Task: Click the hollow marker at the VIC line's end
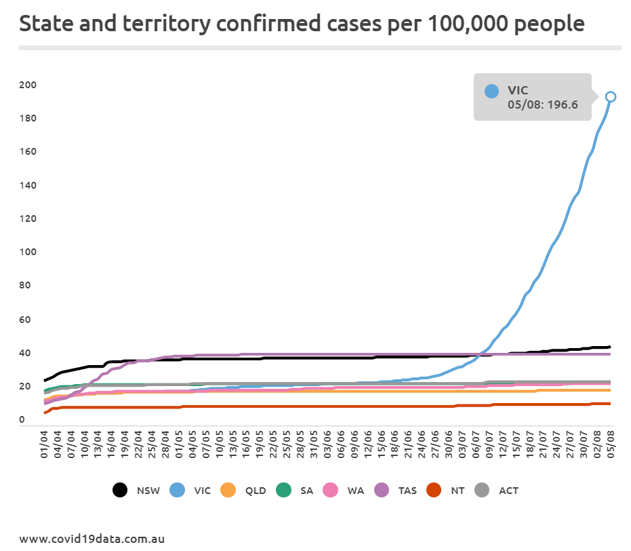(x=610, y=97)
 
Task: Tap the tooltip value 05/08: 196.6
(x=542, y=105)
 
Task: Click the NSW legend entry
(x=139, y=490)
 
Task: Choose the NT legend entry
(x=448, y=490)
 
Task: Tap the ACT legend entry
(x=497, y=490)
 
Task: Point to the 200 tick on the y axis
(x=28, y=85)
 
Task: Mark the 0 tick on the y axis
(x=22, y=420)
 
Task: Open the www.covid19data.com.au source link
(x=92, y=539)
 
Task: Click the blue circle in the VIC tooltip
(x=492, y=90)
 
